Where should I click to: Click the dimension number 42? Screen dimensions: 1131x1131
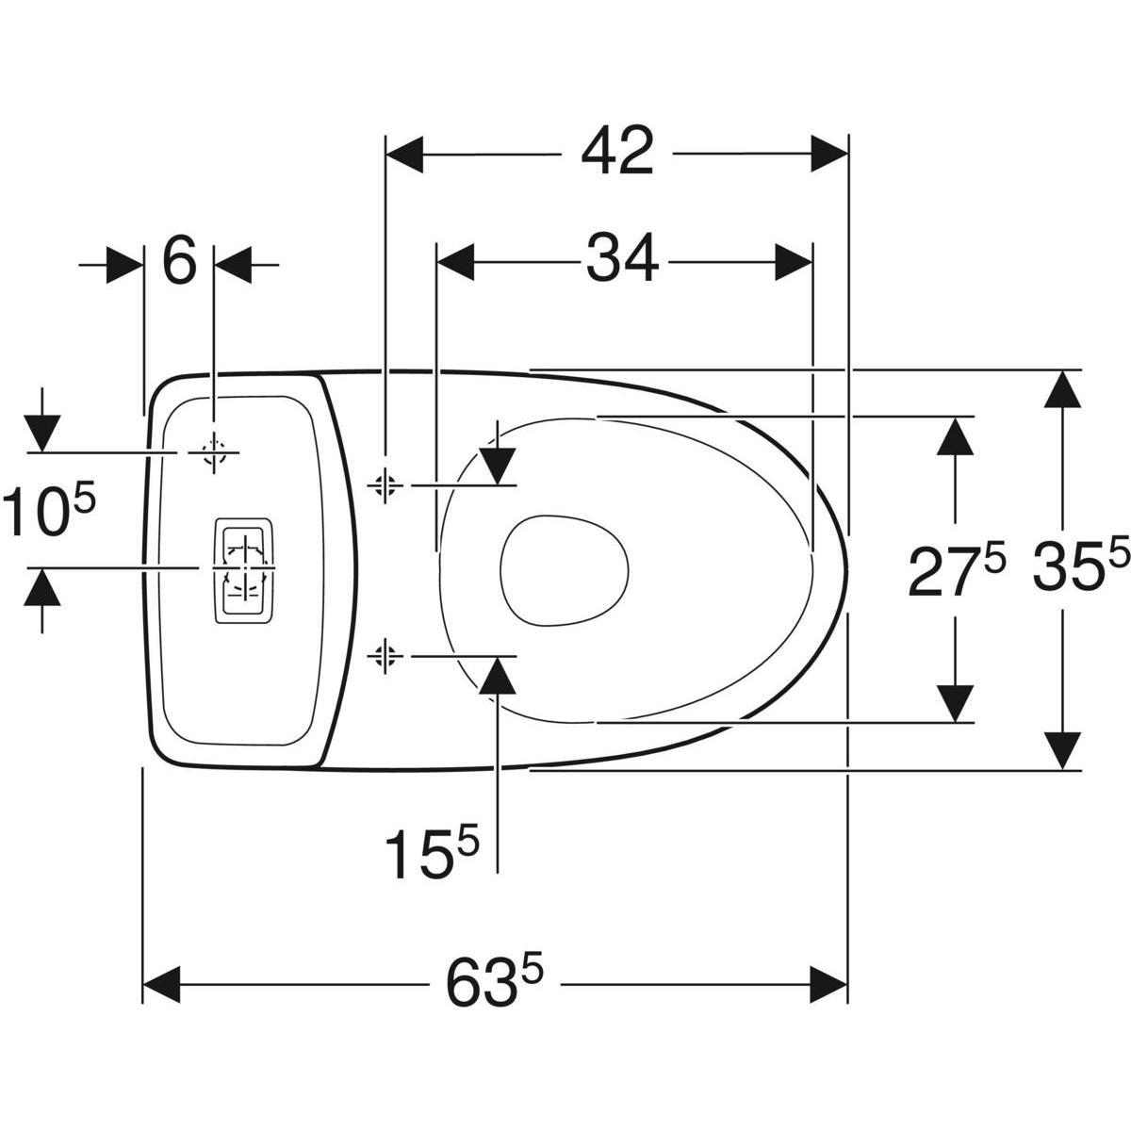point(617,153)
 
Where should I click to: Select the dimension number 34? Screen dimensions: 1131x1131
point(622,260)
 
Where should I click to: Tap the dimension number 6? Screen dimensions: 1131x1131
point(179,262)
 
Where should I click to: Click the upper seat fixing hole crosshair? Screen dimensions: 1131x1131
point(384,484)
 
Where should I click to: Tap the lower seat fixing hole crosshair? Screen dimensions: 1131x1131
point(384,653)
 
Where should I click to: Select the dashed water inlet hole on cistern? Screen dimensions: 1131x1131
point(216,452)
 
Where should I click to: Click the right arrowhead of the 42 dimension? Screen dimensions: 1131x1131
point(830,154)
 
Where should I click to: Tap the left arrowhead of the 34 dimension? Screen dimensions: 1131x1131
point(455,261)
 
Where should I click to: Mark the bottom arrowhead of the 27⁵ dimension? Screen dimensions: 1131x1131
point(956,703)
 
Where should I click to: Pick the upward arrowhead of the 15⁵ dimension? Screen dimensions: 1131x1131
point(498,675)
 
